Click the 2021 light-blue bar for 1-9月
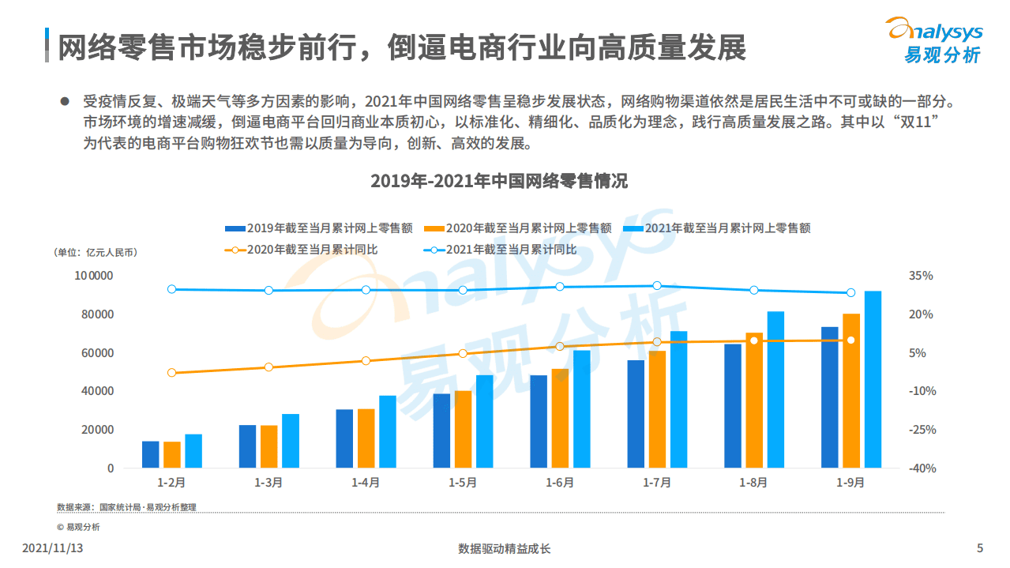pos(873,379)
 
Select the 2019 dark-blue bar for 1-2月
pos(151,454)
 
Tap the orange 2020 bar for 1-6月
pos(560,418)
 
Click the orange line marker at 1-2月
pos(171,373)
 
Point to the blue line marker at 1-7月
pos(656,286)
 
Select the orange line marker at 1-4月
pos(366,361)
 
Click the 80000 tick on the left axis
pos(94,314)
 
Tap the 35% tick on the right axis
pos(921,276)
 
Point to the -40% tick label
pos(921,468)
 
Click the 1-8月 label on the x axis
pos(753,483)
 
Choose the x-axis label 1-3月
pos(268,483)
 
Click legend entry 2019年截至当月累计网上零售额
pos(319,228)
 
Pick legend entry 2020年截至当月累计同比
pos(301,250)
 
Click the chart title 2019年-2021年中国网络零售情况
pos(499,181)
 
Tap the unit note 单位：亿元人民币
pos(96,253)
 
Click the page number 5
pos(980,548)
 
